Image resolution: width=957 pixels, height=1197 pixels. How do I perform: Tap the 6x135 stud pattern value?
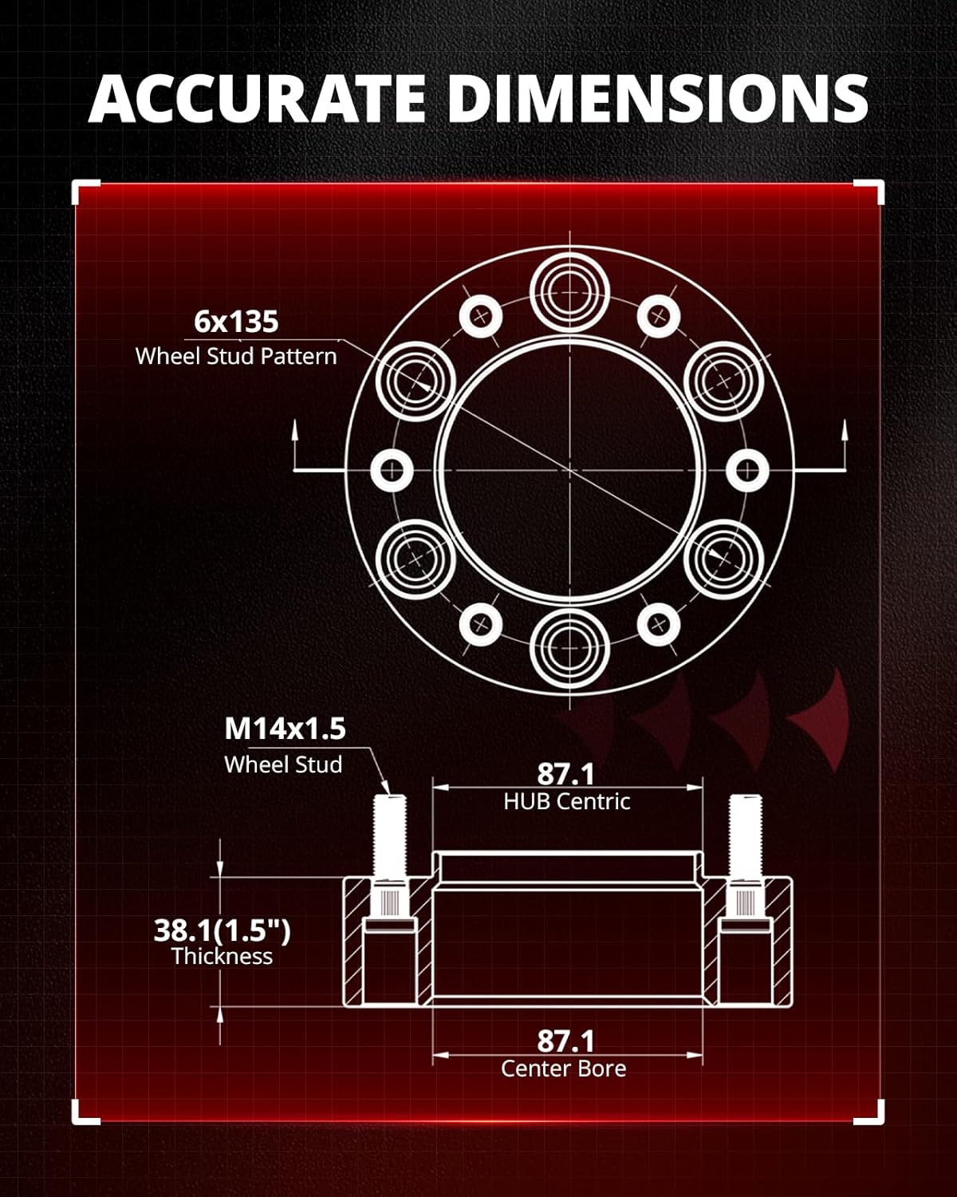236,322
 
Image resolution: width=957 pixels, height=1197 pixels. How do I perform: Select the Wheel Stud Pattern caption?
236,356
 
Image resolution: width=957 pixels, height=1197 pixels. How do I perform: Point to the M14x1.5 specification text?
285,728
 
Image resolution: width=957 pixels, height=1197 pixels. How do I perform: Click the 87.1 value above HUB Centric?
566,774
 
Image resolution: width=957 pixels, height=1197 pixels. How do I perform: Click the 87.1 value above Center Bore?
566,1041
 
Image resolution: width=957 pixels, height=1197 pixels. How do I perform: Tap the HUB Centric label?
567,801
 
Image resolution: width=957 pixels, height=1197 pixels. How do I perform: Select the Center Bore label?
563,1069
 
